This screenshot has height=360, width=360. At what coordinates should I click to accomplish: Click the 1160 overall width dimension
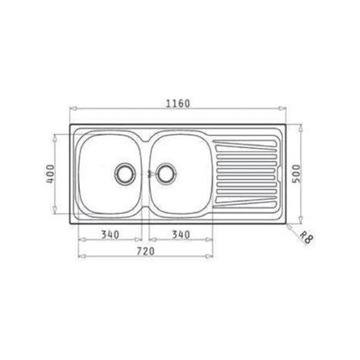tap(178, 103)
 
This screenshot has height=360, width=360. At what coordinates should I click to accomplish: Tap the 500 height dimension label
tap(296, 174)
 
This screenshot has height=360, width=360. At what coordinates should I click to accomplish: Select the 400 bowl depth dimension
tap(50, 174)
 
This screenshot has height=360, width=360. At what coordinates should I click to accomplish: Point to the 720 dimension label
tap(145, 251)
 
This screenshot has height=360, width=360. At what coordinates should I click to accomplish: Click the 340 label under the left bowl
tap(110, 235)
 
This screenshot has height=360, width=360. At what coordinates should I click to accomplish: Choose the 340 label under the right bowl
tap(181, 235)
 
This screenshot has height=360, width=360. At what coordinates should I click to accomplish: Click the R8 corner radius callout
tap(307, 238)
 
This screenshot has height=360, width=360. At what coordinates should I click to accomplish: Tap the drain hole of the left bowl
tap(125, 174)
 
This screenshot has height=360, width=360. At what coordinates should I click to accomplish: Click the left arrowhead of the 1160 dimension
tap(73, 109)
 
